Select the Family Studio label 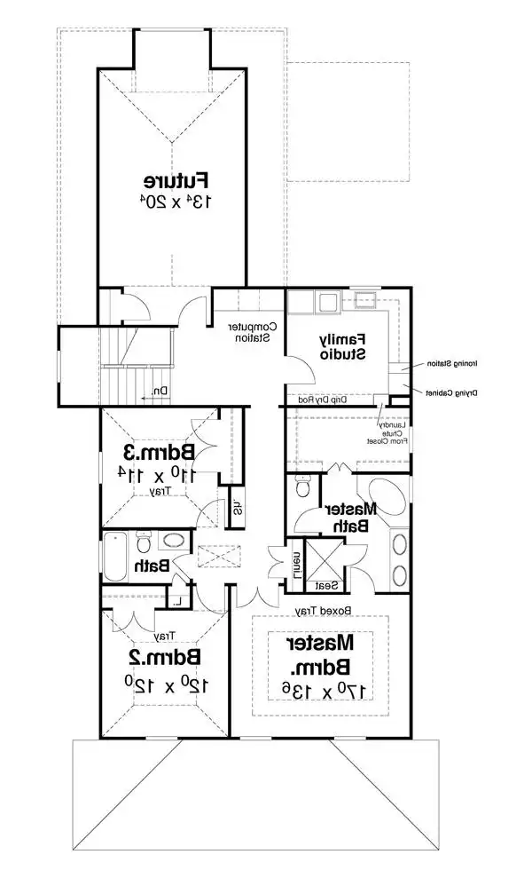point(342,346)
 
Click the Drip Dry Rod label point(329,400)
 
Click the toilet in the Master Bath point(301,487)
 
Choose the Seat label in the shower point(325,586)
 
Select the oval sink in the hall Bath point(174,540)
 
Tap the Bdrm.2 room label point(161,657)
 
